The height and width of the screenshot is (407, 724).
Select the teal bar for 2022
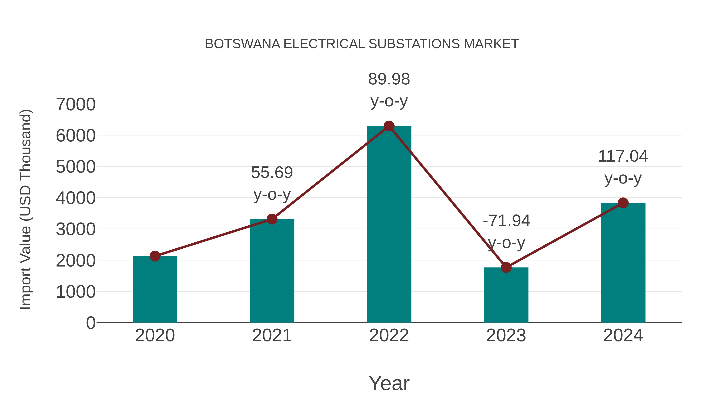389,225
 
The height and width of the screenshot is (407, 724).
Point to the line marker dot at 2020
155,256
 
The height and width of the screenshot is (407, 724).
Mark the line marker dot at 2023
506,267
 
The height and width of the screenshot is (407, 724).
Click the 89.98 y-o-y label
389,90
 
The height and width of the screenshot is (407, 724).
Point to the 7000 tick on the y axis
76,105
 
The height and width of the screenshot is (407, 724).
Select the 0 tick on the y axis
90,323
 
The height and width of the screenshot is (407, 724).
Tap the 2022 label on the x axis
389,335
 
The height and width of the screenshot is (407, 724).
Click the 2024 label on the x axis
623,335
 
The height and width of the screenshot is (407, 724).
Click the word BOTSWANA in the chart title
243,44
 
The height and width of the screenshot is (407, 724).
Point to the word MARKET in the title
491,44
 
